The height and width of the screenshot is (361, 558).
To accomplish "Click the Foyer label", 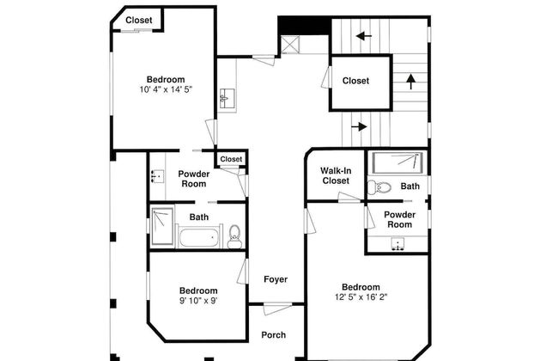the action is click(x=276, y=279).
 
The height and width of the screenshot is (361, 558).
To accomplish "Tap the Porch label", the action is click(x=273, y=335).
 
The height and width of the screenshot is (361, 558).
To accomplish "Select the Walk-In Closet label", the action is click(x=336, y=175).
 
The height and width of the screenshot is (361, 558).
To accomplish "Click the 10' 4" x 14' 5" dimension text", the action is click(x=166, y=89).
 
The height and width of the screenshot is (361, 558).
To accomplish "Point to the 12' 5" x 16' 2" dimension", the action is click(x=361, y=297).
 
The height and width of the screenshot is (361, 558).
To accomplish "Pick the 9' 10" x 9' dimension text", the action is click(x=198, y=301).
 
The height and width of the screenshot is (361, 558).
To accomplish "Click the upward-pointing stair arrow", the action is click(x=411, y=82).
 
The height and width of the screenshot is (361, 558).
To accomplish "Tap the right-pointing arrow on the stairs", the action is click(x=359, y=126).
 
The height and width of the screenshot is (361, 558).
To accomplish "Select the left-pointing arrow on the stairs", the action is click(x=364, y=35).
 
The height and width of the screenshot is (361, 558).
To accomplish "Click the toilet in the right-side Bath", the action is click(x=379, y=187).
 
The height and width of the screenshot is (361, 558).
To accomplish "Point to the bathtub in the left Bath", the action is click(x=199, y=238).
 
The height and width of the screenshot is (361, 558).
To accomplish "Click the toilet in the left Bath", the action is click(x=234, y=236).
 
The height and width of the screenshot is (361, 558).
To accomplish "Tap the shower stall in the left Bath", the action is click(x=162, y=227).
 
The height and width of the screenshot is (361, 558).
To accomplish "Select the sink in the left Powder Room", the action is click(x=157, y=176).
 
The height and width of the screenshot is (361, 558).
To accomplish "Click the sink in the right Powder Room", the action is click(x=397, y=244).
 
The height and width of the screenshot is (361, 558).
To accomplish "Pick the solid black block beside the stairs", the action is click(x=303, y=25).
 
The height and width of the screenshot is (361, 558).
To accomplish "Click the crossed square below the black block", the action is click(x=290, y=45).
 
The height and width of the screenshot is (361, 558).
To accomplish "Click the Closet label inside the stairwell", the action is click(x=355, y=81).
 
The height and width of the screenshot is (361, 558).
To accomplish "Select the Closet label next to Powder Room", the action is click(x=231, y=159).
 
